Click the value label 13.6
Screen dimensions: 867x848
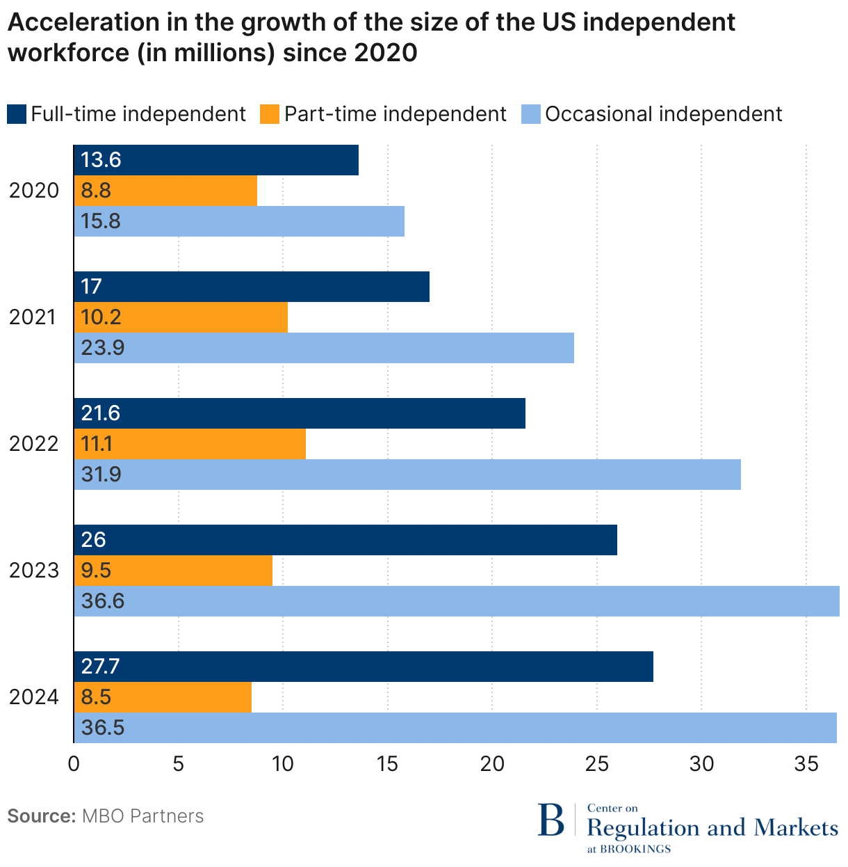click(x=101, y=160)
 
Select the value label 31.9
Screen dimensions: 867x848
click(x=101, y=475)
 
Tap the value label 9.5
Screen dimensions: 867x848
click(x=97, y=571)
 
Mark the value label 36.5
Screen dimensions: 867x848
click(x=103, y=728)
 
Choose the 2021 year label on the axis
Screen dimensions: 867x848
click(x=33, y=317)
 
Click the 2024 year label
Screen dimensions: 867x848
click(x=33, y=697)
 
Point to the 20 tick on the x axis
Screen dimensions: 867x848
click(x=492, y=764)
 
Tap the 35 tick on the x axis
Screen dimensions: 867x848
click(x=806, y=764)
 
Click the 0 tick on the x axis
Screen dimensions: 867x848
click(x=74, y=764)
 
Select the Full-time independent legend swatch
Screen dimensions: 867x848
click(x=16, y=113)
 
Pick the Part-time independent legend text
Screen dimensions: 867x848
click(x=396, y=113)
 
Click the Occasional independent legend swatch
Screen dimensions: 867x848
click(x=530, y=113)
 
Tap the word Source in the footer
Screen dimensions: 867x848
click(x=41, y=816)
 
